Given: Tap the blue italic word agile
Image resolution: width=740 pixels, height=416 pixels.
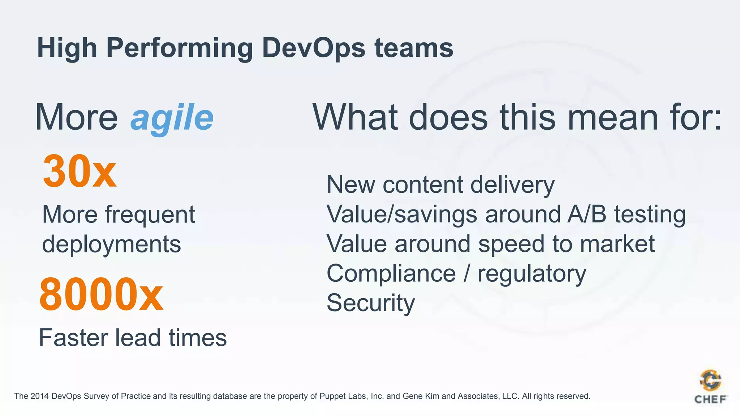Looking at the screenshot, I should [172, 118].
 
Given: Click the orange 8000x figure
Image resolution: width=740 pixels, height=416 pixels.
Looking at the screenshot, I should [101, 294].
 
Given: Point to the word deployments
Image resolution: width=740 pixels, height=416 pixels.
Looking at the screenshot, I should [111, 244].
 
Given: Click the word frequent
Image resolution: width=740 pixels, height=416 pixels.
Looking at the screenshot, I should [150, 215].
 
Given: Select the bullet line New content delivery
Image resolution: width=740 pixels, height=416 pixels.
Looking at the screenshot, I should [440, 185].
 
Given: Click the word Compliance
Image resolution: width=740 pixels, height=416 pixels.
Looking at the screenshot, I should [391, 273].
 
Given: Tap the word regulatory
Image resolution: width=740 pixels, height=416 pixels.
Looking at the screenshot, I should [532, 274].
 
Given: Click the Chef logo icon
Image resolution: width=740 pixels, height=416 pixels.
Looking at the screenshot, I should [710, 380].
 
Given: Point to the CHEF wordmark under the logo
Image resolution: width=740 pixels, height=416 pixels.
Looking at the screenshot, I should [710, 399].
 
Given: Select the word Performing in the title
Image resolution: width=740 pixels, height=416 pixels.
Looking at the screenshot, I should [179, 48].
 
